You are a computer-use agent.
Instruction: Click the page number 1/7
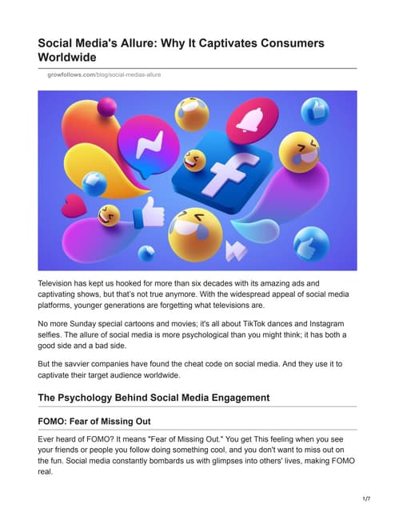coord(365,499)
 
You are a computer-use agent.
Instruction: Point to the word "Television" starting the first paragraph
coord(62,284)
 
